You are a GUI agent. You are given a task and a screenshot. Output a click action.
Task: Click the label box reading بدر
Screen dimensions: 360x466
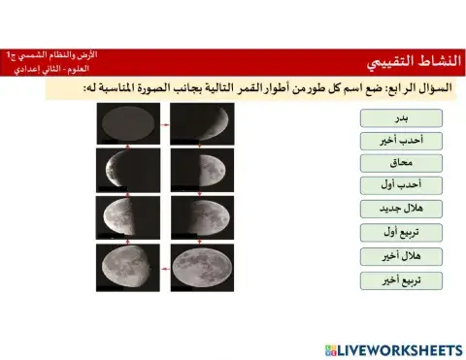[x=401, y=117]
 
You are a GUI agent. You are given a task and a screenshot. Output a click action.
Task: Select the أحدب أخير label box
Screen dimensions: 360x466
[x=401, y=141]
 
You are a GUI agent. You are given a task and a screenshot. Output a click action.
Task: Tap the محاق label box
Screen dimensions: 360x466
[x=401, y=163]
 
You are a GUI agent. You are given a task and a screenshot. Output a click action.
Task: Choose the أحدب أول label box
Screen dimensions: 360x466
[x=401, y=185]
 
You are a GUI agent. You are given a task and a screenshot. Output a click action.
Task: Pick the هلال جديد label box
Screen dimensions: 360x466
[x=401, y=209]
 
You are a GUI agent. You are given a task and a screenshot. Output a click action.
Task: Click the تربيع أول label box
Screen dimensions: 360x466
[x=401, y=232]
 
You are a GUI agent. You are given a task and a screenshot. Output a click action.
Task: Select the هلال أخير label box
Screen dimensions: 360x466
[x=401, y=256]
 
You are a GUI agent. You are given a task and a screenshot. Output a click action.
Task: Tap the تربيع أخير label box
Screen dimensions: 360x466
[x=401, y=280]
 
